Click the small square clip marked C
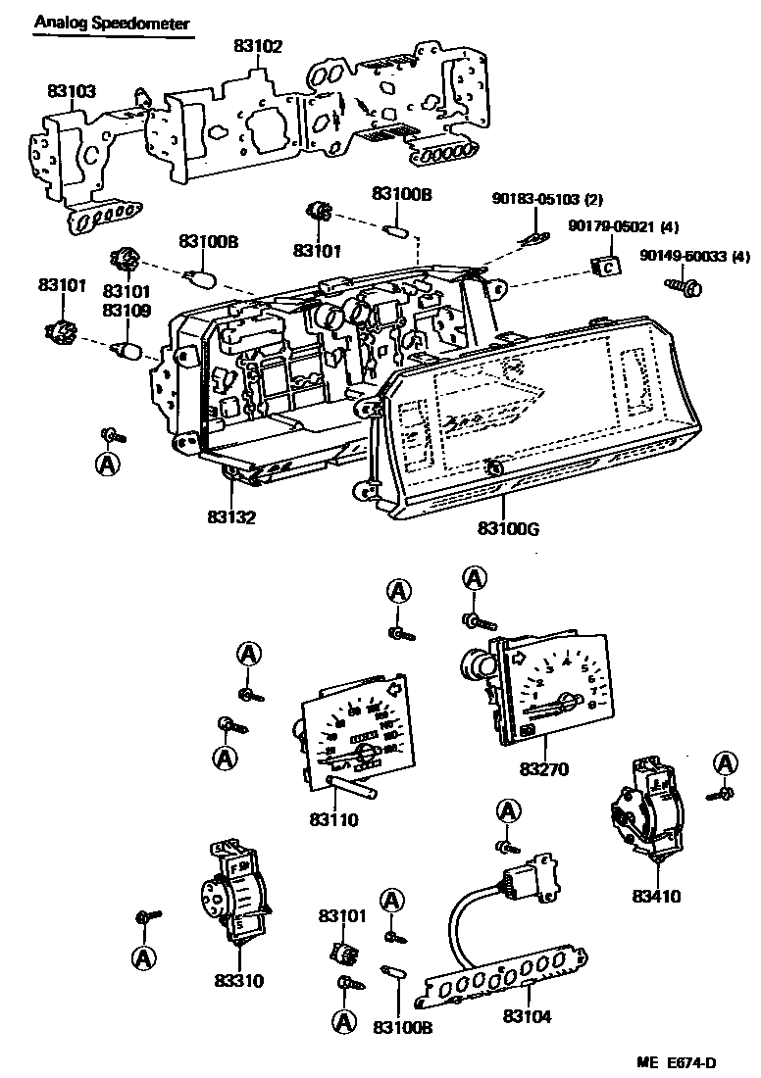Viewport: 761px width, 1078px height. (x=607, y=265)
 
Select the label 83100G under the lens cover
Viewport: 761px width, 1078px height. (x=508, y=529)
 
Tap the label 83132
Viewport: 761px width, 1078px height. (x=231, y=516)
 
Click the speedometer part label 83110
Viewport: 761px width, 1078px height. (x=333, y=817)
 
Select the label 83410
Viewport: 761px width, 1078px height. (x=656, y=895)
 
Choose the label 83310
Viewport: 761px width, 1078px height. (x=238, y=979)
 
